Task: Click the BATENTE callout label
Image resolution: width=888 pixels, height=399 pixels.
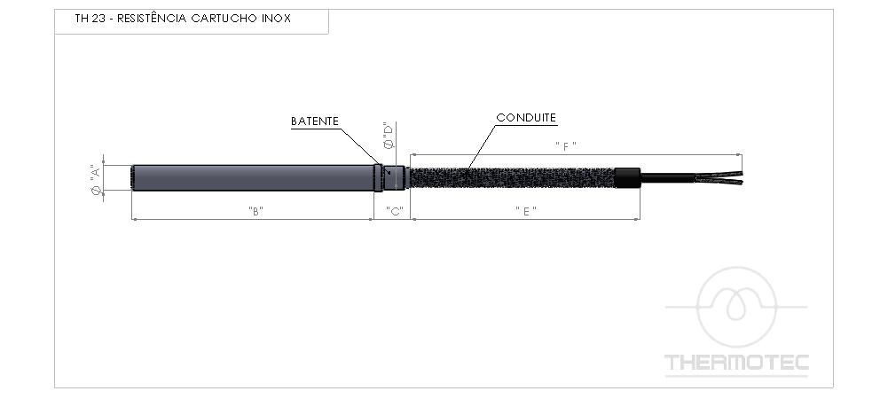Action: coord(314,121)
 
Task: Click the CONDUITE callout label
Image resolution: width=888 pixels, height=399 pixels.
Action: coord(526,118)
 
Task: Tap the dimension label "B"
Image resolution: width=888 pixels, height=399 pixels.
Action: coord(256,210)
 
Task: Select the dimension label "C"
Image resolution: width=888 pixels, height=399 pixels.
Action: coord(394,210)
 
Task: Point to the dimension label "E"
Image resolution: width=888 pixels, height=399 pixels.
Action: coord(526,210)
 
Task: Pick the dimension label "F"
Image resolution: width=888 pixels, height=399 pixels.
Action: coord(566,146)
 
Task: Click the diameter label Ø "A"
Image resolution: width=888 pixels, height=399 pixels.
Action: coord(96,179)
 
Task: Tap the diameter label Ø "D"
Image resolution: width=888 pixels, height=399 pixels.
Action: coord(389,136)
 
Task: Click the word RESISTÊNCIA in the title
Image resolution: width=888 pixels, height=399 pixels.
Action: coord(152,18)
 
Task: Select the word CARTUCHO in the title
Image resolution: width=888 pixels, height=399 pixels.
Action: coord(224,18)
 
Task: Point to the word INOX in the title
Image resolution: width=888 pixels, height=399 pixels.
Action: coord(277,18)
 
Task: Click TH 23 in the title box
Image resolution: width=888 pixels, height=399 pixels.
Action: coord(90,18)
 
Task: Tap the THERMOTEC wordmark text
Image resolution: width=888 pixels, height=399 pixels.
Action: coord(736,363)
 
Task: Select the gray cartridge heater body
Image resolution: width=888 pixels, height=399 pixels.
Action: coord(253,177)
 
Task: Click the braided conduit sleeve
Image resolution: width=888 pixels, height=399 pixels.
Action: coord(513,177)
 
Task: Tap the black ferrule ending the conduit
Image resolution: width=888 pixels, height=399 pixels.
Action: coord(628,177)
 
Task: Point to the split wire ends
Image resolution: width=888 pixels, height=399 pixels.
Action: coord(719,177)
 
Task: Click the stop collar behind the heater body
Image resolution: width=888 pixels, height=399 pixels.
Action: coord(379,177)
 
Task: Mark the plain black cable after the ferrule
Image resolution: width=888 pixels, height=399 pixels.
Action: coord(668,177)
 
